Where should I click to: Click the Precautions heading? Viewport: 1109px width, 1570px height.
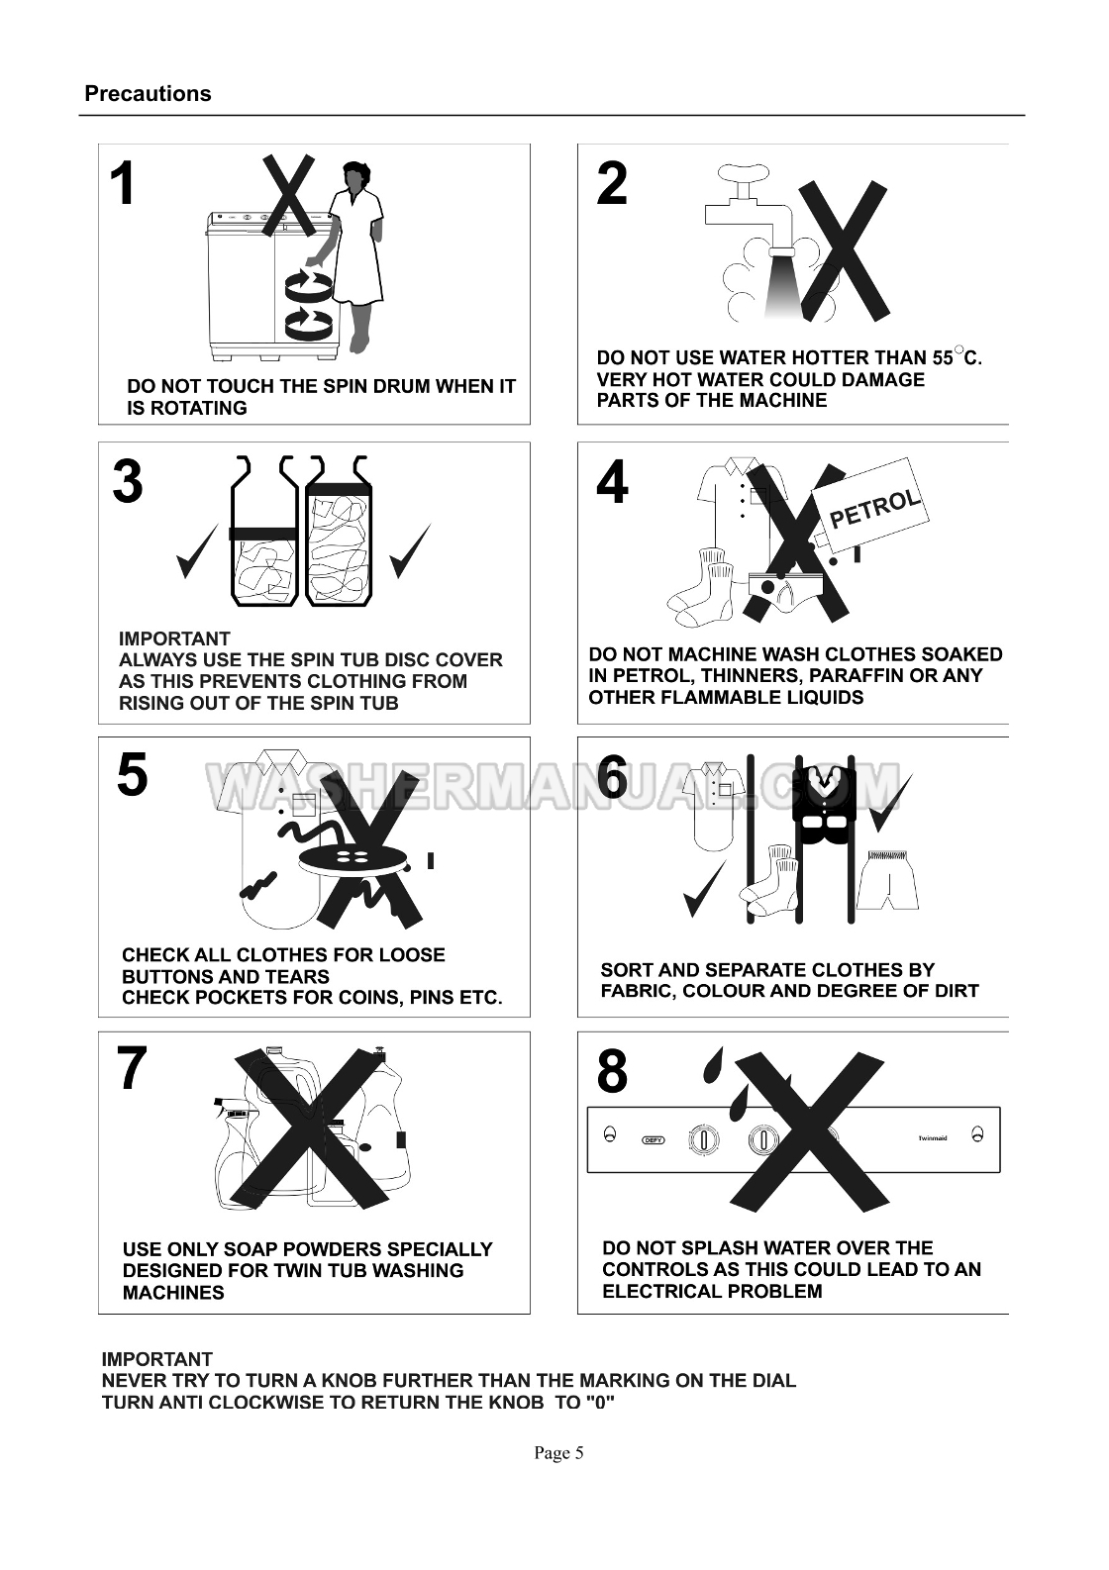(x=148, y=94)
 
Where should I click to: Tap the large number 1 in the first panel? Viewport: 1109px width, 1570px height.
(x=124, y=184)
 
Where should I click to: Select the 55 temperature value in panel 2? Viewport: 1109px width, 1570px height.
(x=943, y=358)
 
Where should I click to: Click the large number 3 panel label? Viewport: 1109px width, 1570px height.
(x=128, y=482)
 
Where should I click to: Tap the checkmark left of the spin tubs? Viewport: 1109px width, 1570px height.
(x=197, y=551)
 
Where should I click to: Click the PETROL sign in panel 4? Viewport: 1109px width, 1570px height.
(x=870, y=506)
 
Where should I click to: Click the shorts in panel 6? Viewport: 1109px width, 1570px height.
(x=887, y=880)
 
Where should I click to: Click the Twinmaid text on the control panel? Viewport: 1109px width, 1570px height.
(x=933, y=1138)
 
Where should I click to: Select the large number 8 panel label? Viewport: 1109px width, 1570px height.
(x=612, y=1072)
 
